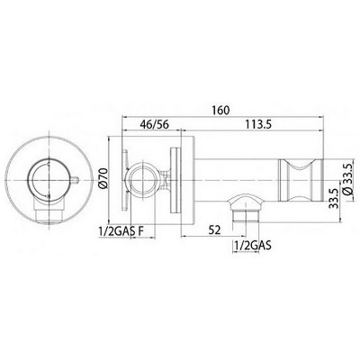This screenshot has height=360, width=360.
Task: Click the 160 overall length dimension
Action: click(x=220, y=110)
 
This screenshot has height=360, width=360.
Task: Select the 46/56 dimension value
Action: click(x=155, y=124)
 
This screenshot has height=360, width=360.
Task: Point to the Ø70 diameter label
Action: click(x=103, y=179)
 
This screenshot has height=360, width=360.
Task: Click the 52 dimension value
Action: click(x=214, y=230)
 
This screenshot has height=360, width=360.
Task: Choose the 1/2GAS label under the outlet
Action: click(x=252, y=246)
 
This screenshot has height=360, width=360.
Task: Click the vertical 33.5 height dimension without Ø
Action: click(x=333, y=198)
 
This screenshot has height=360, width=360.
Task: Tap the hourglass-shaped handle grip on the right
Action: click(x=301, y=179)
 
